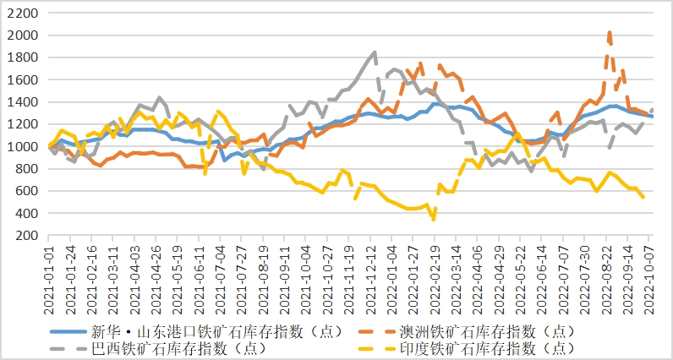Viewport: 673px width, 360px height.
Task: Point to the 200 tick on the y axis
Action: tap(25, 235)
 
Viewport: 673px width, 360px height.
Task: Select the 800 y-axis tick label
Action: tap(25, 169)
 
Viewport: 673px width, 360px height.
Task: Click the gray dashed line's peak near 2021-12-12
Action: tap(375, 52)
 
